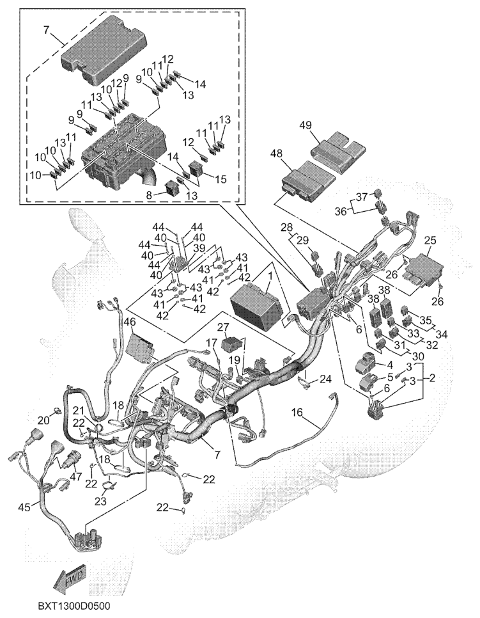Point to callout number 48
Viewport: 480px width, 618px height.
click(x=277, y=154)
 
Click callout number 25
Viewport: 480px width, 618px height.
click(x=430, y=241)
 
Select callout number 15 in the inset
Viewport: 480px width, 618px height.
click(x=221, y=179)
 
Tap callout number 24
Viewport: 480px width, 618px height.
click(x=327, y=379)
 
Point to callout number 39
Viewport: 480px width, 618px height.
click(x=199, y=248)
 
